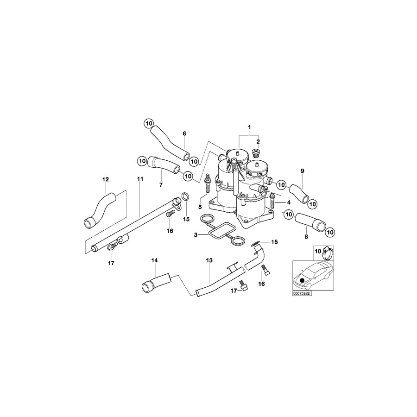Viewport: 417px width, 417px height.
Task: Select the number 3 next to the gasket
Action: [x=196, y=235]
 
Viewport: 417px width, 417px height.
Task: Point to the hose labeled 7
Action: [x=164, y=164]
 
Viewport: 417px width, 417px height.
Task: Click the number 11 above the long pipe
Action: [x=140, y=179]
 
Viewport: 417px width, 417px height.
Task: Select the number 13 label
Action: [x=209, y=261]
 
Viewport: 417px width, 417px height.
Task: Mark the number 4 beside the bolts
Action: [x=288, y=202]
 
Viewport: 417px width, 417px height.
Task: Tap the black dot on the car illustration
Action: [x=302, y=280]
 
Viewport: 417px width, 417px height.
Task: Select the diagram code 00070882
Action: [x=302, y=293]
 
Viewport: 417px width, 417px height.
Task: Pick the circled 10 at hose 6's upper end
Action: [x=148, y=124]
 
